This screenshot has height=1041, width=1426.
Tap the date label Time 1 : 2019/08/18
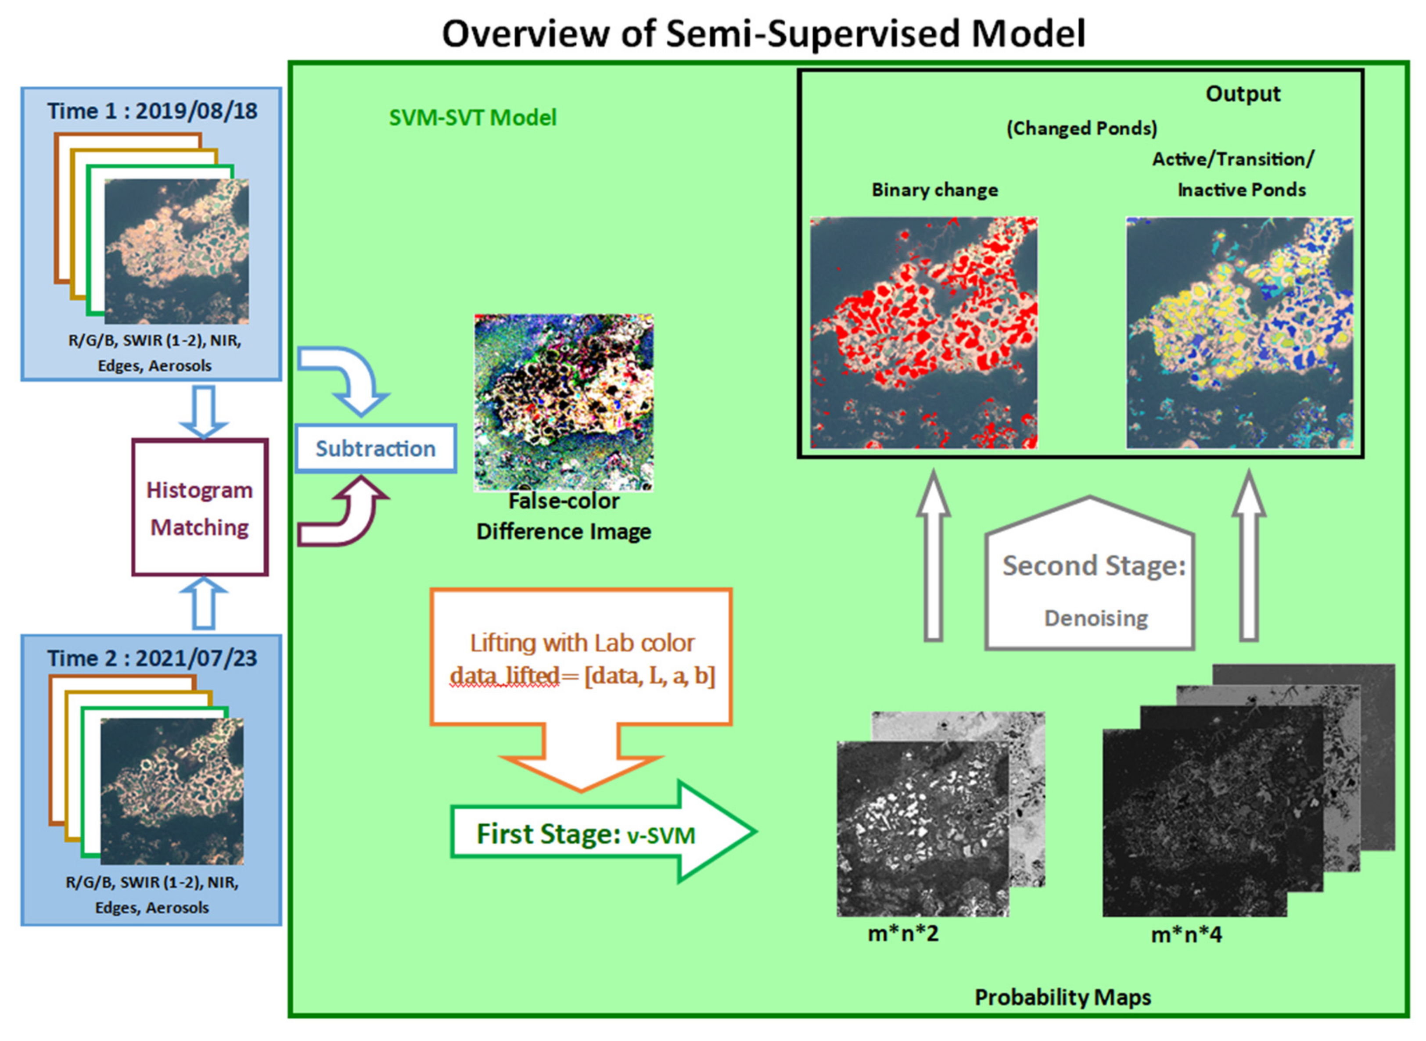pos(152,111)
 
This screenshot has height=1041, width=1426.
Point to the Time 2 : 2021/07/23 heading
pos(152,658)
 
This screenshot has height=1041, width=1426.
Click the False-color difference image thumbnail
pos(564,402)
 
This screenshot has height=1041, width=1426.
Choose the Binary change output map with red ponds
pos(923,333)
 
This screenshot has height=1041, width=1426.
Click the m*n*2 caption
pos(903,933)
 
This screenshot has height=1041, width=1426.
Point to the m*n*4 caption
pos(1186,934)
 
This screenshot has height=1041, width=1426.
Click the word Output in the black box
pos(1242,94)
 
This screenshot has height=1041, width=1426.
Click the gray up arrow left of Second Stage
pos(933,561)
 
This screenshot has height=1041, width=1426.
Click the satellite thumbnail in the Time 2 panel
pos(172,791)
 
